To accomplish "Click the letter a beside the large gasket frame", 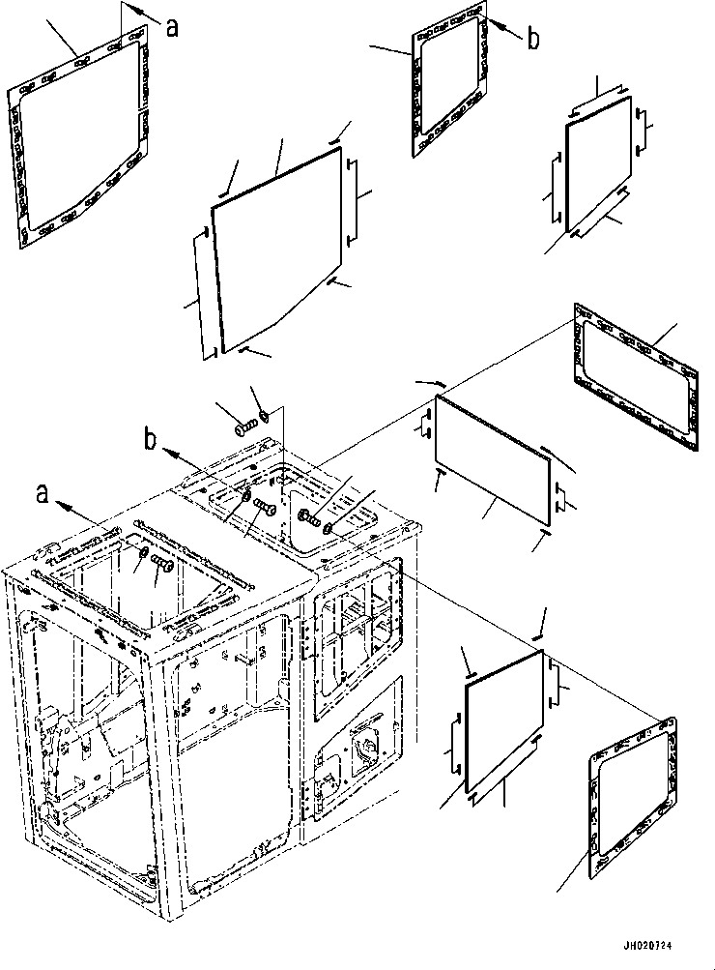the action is coord(172,27).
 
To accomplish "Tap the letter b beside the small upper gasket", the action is coord(532,39).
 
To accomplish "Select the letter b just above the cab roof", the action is coord(150,440).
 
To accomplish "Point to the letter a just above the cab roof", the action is coord(42,494).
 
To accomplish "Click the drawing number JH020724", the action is coord(648,946).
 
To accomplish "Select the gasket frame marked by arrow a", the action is coord(79,137).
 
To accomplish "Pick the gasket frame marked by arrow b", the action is coord(449,81).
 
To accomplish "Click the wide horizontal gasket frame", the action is coord(637,376).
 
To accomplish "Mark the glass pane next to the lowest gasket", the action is coord(504,721).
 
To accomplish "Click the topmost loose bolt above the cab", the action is coord(244,427).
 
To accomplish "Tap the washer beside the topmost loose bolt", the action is coord(265,415).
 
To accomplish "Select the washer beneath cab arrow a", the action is coord(143,551).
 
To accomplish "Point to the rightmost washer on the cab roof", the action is coord(329,527).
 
